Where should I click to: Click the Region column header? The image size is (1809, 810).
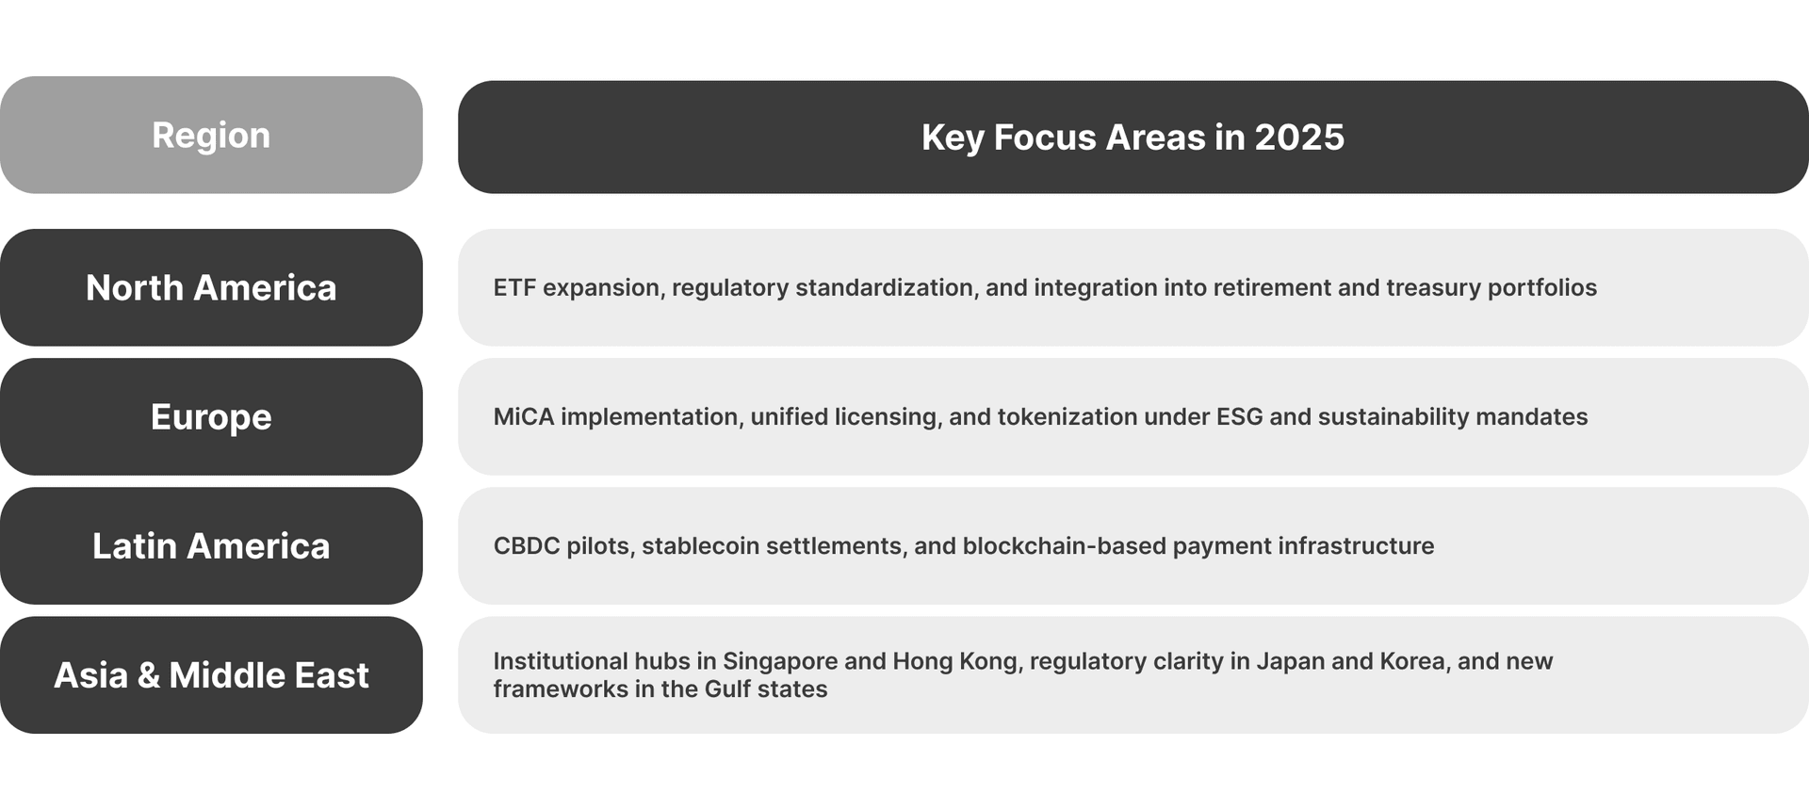coord(211,136)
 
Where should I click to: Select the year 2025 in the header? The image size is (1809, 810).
coord(1299,138)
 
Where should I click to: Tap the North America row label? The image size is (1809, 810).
coord(211,288)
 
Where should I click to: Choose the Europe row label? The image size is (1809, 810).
coord(211,417)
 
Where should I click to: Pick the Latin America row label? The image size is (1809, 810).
coord(211,546)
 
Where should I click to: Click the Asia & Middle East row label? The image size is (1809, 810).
coord(211,675)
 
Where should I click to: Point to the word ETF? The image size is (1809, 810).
coord(514,287)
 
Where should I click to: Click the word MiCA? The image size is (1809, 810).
coord(524,416)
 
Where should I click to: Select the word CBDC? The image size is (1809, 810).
coord(527,545)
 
